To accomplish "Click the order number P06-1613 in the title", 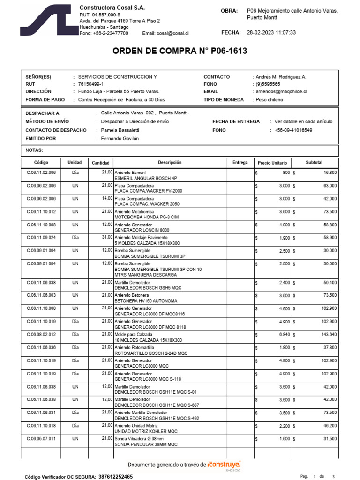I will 223,51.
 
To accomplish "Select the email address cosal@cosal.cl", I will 172,33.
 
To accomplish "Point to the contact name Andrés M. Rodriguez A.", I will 281,77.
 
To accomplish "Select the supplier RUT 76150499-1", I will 91,84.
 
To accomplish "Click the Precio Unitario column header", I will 272,163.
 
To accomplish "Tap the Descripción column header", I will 169,163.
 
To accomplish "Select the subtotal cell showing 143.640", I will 327,334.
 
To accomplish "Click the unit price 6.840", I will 283,334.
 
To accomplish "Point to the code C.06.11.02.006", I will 41,172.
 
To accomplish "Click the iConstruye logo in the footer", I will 224,465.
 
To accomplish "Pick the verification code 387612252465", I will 115,476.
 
